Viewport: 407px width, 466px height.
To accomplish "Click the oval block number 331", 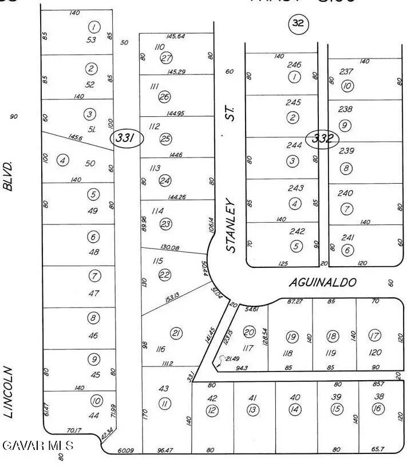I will coord(125,138).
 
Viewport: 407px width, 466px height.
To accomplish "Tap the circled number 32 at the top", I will coord(298,23).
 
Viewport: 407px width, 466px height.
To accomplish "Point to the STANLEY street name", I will coord(231,225).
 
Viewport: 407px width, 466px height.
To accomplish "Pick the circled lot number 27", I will coord(167,58).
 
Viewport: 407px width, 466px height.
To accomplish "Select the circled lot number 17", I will coord(375,335).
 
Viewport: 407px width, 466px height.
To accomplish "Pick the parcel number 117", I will coord(248,347).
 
